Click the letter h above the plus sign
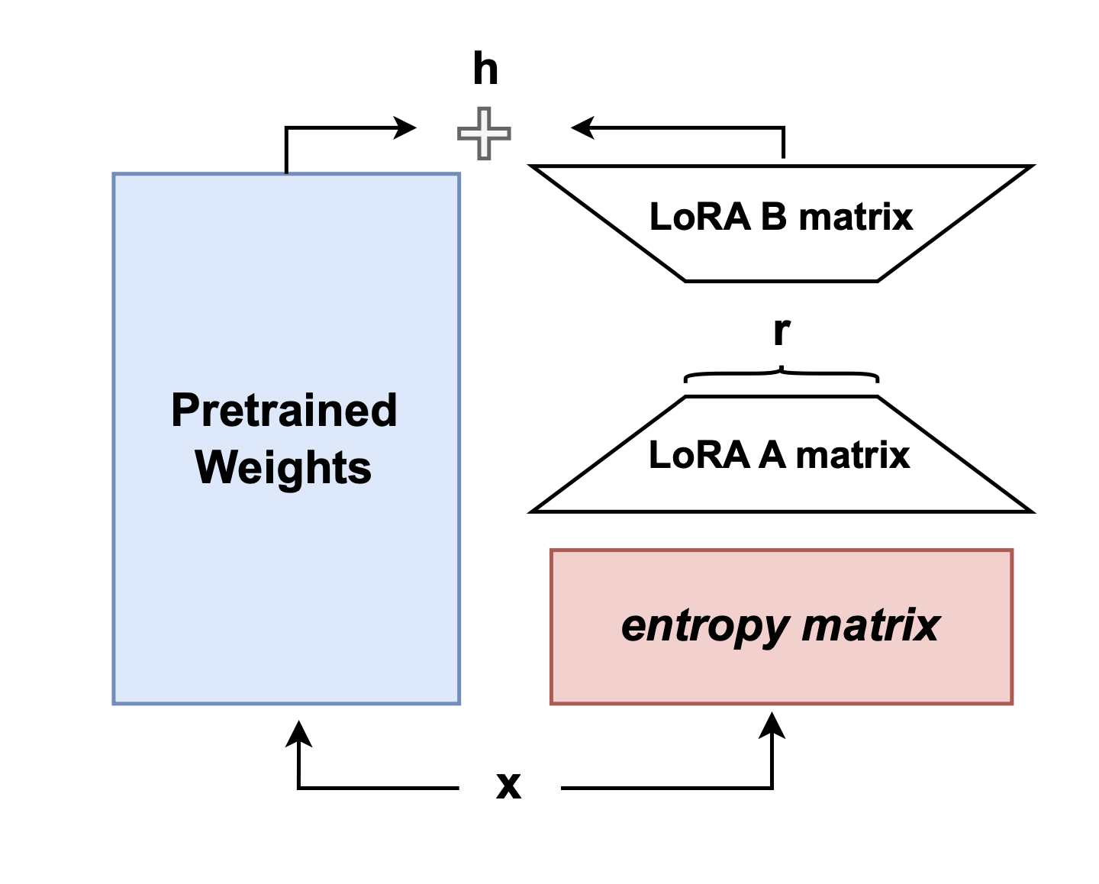[485, 69]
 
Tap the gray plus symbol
[484, 134]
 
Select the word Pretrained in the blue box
[284, 410]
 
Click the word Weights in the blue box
[283, 467]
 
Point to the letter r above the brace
[782, 331]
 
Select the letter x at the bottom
[508, 785]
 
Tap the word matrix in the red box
[870, 625]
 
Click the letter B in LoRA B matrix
[773, 217]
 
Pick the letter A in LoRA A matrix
[772, 455]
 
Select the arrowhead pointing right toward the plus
[404, 127]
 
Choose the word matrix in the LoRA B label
[856, 217]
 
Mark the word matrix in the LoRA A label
[852, 455]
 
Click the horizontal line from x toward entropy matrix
[664, 787]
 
